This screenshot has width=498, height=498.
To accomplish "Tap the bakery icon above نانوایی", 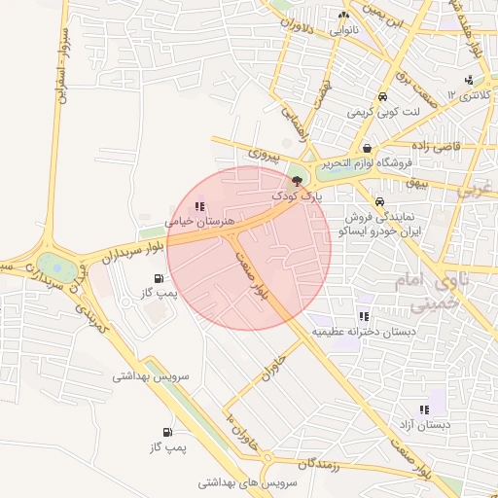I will (x=342, y=16).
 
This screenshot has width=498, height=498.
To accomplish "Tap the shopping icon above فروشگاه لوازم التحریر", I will (x=367, y=148).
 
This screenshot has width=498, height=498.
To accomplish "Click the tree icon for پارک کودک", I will (x=297, y=182).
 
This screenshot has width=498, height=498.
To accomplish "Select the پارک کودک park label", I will (x=296, y=196).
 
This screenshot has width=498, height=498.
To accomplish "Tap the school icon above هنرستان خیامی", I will (x=199, y=206).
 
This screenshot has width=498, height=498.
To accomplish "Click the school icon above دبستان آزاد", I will (x=423, y=409).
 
